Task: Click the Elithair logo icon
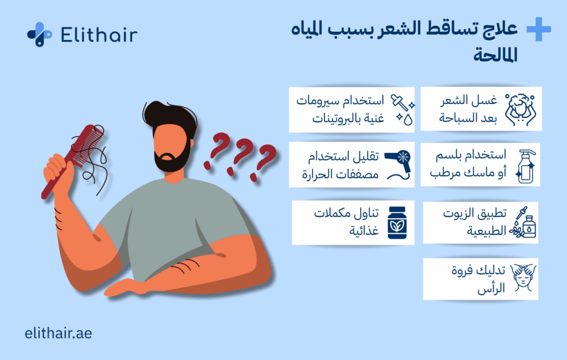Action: click(x=39, y=34)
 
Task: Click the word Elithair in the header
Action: click(x=99, y=35)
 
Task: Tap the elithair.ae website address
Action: click(x=58, y=333)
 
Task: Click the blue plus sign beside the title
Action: click(x=538, y=29)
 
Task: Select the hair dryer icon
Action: click(x=398, y=165)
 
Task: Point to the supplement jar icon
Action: click(x=397, y=223)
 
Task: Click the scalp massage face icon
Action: click(x=523, y=278)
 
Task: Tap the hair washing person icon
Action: click(x=520, y=110)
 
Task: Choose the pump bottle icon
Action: click(x=526, y=166)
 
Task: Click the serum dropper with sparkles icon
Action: click(x=403, y=110)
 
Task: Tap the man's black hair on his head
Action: click(x=169, y=116)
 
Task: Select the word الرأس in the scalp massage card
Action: click(x=491, y=289)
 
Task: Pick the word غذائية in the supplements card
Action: click(x=364, y=230)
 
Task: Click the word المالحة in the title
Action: click(x=496, y=55)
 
